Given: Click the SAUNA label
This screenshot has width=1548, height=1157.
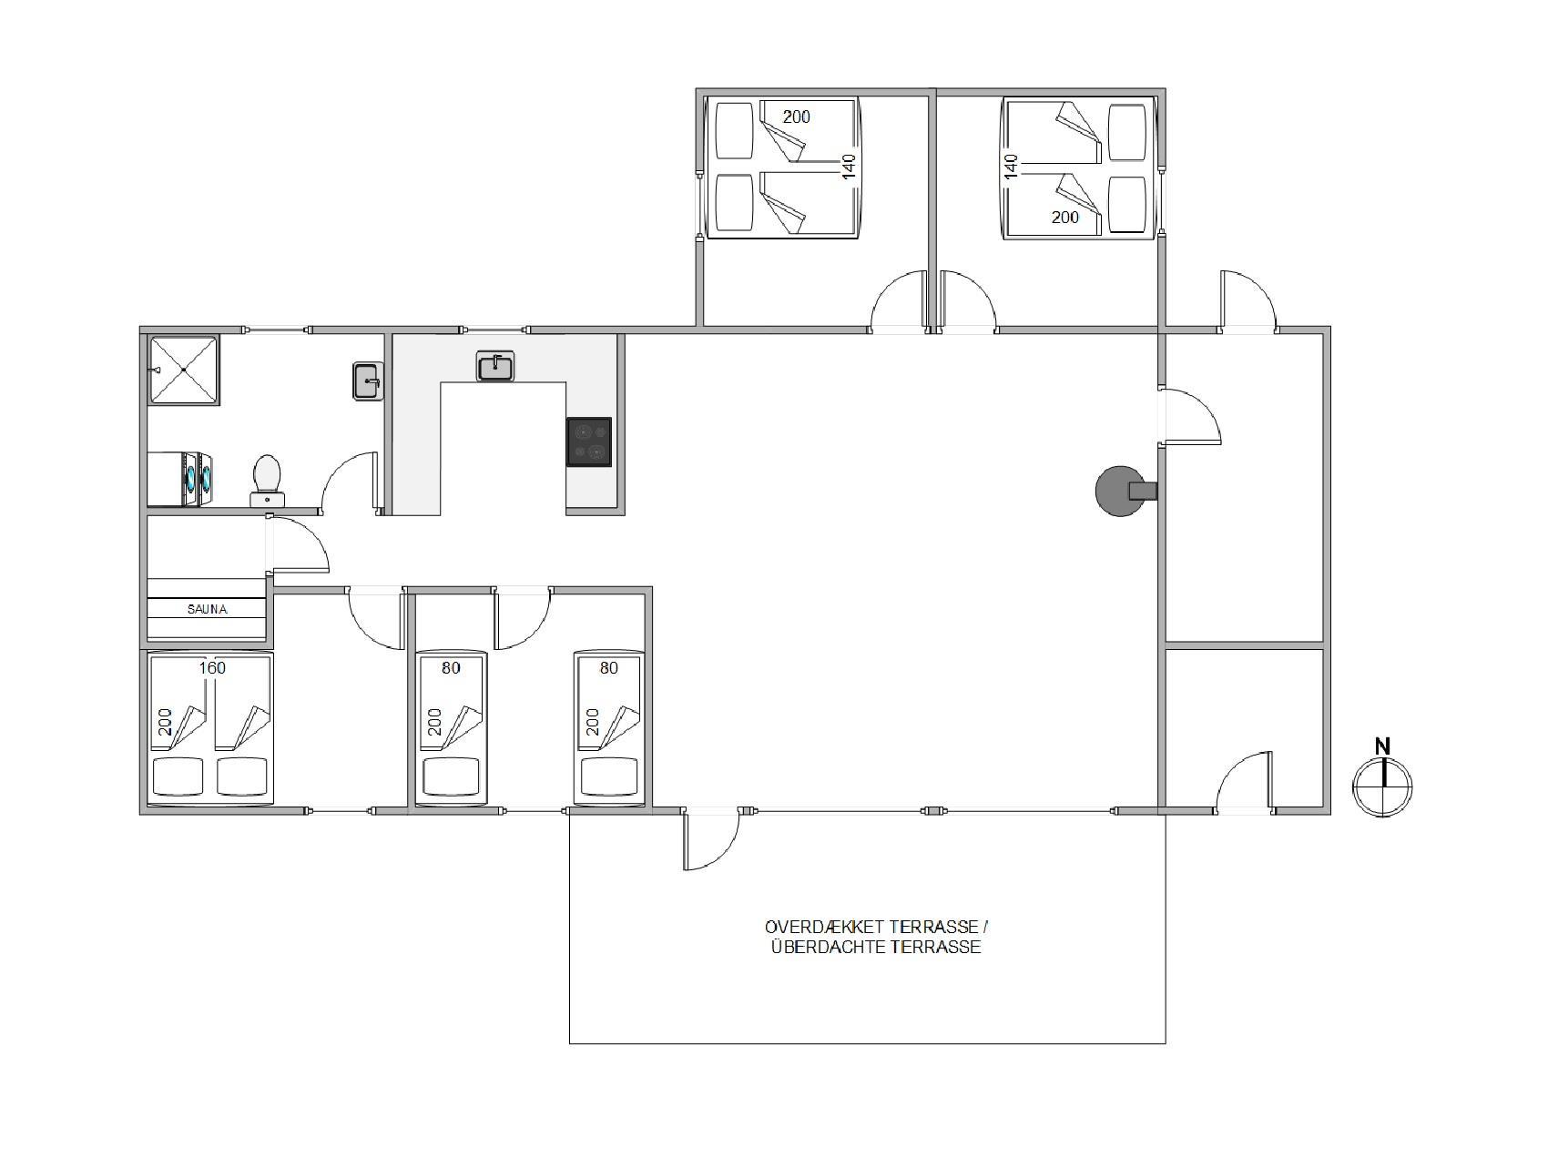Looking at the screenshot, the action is click(207, 609).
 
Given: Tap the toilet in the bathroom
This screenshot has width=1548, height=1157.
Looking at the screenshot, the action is click(267, 480).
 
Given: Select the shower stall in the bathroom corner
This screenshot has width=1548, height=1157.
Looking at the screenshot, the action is click(184, 370).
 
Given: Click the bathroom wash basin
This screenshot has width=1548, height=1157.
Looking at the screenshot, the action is click(368, 381).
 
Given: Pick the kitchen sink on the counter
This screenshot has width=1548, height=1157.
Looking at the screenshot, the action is click(495, 366).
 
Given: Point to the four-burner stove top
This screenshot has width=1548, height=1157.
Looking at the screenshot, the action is click(589, 441).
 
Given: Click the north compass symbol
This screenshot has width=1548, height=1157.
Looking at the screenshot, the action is click(1382, 787).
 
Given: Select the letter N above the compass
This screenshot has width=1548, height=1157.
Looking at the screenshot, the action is click(1382, 746).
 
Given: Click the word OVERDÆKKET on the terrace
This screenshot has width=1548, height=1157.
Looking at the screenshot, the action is click(825, 927).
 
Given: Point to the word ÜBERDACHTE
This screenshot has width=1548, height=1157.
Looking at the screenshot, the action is click(828, 947).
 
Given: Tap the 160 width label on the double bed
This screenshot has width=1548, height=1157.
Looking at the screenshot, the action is click(211, 668).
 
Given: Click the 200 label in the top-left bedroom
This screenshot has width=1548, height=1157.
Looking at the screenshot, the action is click(796, 117).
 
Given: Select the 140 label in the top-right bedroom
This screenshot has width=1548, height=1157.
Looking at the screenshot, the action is click(1010, 166).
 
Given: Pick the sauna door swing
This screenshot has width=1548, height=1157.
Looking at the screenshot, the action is click(299, 544).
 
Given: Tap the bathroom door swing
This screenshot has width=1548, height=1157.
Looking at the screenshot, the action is click(348, 482).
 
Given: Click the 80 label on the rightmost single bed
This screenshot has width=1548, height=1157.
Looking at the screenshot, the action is click(609, 668).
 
